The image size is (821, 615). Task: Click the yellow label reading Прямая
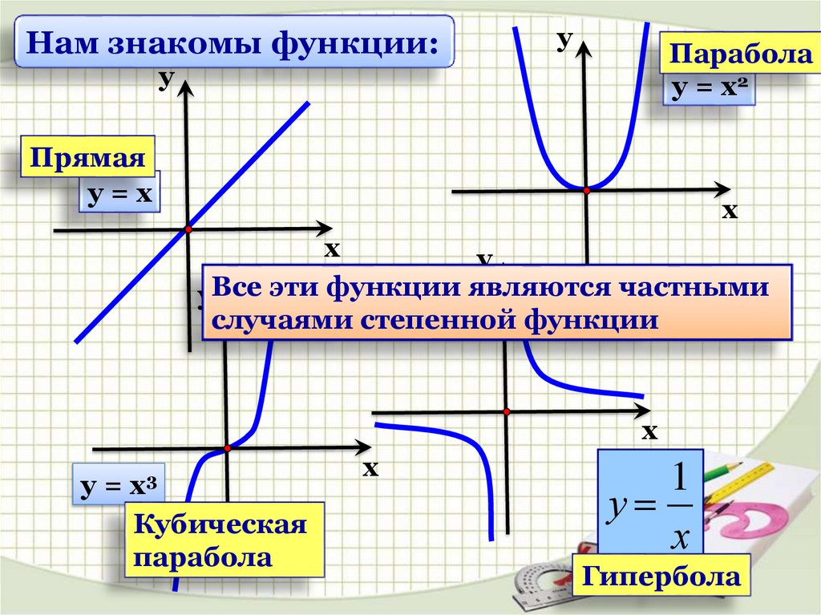click(x=88, y=158)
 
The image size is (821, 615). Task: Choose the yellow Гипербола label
click(x=661, y=576)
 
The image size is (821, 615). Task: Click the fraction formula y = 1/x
click(x=649, y=502)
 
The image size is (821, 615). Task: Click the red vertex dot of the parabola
click(x=587, y=191)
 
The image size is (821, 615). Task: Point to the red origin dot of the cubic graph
click(x=228, y=447)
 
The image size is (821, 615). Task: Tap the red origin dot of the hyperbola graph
click(x=507, y=411)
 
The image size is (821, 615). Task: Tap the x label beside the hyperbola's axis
click(x=649, y=433)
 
